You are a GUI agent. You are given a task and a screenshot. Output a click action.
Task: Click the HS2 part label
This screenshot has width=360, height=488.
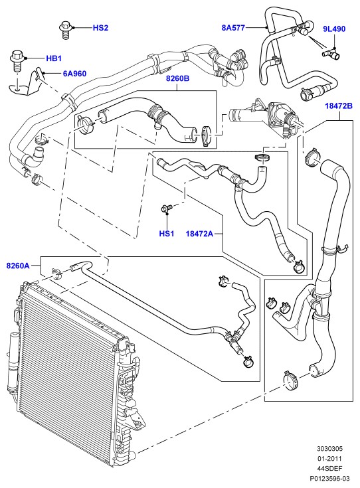click(100, 28)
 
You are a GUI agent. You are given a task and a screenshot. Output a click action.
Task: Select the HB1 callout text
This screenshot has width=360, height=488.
click(54, 58)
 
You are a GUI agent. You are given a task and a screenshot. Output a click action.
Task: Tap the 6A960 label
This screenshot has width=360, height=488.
click(75, 74)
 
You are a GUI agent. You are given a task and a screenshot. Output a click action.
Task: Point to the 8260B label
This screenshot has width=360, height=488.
click(177, 78)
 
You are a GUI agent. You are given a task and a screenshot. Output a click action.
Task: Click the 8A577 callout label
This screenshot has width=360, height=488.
click(233, 28)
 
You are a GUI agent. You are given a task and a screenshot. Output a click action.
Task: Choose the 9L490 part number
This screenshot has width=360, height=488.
click(334, 29)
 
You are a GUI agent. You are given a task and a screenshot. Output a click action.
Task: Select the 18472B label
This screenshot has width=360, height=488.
click(339, 106)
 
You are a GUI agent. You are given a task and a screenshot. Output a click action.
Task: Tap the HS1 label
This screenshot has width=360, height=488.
click(167, 234)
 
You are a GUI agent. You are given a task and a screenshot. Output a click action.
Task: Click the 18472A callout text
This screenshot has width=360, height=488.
click(200, 234)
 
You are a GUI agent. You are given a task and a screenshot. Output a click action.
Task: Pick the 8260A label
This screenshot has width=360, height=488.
click(18, 266)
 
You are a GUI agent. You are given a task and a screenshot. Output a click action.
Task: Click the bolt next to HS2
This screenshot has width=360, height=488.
click(65, 30)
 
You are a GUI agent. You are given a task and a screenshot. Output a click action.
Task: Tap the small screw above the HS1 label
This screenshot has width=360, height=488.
click(166, 208)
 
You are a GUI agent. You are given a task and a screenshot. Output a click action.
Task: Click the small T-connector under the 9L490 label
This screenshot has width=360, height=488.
click(331, 54)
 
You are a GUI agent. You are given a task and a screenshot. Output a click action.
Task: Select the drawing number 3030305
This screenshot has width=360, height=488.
click(330, 448)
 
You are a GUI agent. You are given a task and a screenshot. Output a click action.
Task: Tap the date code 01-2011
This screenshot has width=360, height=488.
click(330, 458)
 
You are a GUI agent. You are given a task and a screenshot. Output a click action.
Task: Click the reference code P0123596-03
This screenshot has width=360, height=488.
click(330, 478)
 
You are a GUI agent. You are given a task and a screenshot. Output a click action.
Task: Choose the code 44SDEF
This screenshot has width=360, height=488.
click(330, 468)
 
